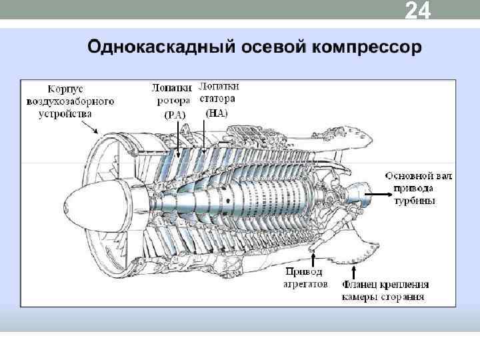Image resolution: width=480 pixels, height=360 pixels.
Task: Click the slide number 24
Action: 418,12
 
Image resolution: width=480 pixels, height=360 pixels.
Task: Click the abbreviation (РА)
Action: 174,114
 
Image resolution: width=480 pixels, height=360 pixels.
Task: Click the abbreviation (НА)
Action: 217,113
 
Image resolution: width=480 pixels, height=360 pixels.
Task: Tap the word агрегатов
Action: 305,283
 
